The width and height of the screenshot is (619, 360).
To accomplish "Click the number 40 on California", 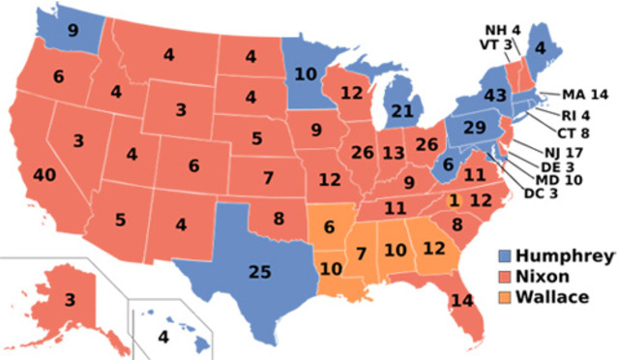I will tap(43, 175).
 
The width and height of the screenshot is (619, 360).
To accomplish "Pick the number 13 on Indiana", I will tap(393, 153).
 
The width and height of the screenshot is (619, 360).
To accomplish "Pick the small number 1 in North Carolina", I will tap(454, 199).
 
